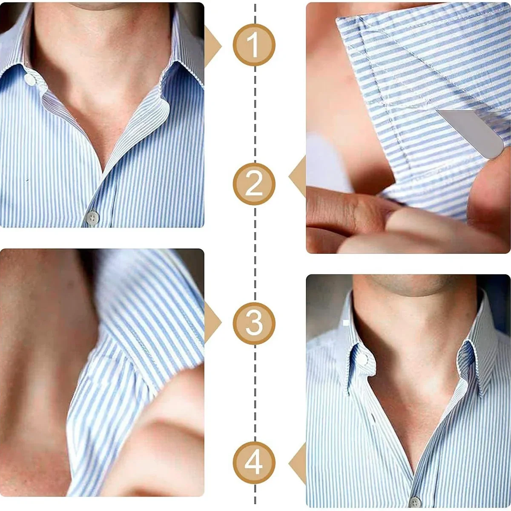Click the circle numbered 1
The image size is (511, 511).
tap(254, 45)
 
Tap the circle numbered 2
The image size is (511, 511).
tap(254, 184)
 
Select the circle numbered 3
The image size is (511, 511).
tap(254, 323)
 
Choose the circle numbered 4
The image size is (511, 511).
tap(254, 463)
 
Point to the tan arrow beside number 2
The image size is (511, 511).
tap(299, 176)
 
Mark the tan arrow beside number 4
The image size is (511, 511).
tap(299, 463)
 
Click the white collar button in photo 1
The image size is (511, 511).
tap(30, 79)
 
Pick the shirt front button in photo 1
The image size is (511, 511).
tap(92, 218)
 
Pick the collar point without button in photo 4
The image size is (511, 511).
tap(473, 375)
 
